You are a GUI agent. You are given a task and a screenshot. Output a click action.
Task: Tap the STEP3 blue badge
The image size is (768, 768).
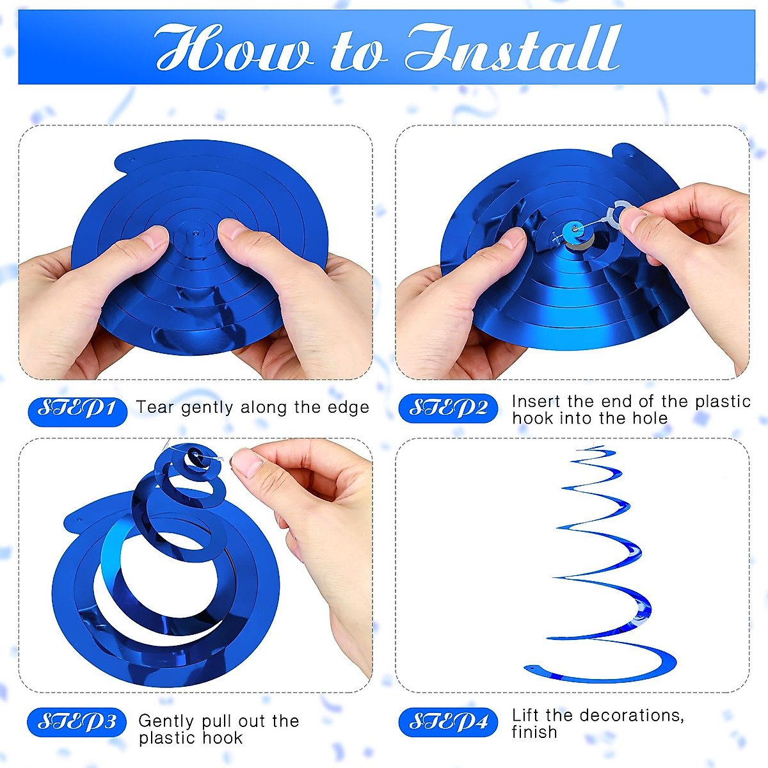(77, 723)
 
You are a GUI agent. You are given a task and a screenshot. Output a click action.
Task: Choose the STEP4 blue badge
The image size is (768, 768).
(448, 723)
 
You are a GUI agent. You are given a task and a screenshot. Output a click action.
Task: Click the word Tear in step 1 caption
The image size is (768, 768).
(155, 408)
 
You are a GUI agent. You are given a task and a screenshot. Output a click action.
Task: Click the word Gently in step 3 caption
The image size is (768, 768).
(166, 721)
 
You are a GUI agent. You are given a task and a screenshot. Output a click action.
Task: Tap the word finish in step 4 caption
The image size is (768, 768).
(534, 732)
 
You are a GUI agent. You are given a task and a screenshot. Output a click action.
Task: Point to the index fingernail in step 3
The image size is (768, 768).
(246, 462)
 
